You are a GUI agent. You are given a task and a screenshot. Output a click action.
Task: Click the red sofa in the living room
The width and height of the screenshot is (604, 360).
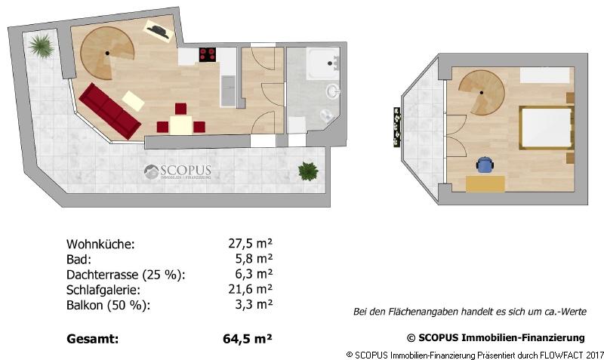tap(109, 111)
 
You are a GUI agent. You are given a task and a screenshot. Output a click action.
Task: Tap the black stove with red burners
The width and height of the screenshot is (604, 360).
tap(208, 54)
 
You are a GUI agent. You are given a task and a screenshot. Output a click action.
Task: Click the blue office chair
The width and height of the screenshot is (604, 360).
tap(484, 164)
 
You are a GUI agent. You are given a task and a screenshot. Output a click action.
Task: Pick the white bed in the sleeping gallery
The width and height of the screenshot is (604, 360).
tap(544, 127)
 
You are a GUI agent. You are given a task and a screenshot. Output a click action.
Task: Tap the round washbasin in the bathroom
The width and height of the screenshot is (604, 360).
tap(332, 92)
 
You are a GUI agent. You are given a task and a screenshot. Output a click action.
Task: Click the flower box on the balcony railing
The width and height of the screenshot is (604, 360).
tap(396, 126)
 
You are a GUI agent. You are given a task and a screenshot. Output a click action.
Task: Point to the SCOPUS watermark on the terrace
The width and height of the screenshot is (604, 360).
tap(178, 173)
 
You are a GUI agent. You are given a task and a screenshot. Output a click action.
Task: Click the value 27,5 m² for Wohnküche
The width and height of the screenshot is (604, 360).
tap(250, 244)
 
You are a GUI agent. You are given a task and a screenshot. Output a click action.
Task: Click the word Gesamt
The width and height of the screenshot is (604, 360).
tap(92, 339)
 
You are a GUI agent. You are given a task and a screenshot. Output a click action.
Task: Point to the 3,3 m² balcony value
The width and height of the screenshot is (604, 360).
tap(254, 305)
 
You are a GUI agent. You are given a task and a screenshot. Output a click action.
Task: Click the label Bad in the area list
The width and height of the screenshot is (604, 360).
tap(78, 259)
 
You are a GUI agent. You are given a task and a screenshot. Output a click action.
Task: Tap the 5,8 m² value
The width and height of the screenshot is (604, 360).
tap(254, 259)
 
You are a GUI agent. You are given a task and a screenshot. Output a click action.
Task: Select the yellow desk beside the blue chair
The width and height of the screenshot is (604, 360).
tap(485, 183)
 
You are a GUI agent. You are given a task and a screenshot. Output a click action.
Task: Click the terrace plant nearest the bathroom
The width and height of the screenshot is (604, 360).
tap(307, 171)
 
